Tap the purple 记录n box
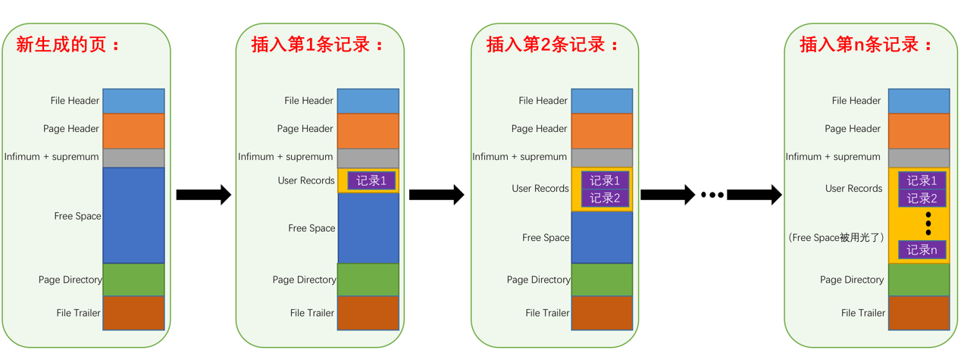[x=922, y=249]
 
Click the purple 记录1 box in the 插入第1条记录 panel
[x=371, y=180]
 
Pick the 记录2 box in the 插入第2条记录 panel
[x=605, y=198]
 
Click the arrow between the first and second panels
[x=203, y=195]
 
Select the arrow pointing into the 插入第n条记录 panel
[x=754, y=195]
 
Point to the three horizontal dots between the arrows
[x=712, y=195]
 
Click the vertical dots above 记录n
[x=928, y=224]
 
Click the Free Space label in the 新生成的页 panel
[x=77, y=216]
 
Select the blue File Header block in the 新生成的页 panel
[x=133, y=101]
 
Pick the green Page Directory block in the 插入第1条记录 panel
[x=368, y=280]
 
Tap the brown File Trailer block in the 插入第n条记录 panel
[x=919, y=312]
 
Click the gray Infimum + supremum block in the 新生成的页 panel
[x=133, y=158]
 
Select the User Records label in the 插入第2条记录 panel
[x=540, y=188]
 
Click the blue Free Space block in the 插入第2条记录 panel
[x=602, y=237]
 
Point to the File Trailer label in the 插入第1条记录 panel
[x=311, y=312]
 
